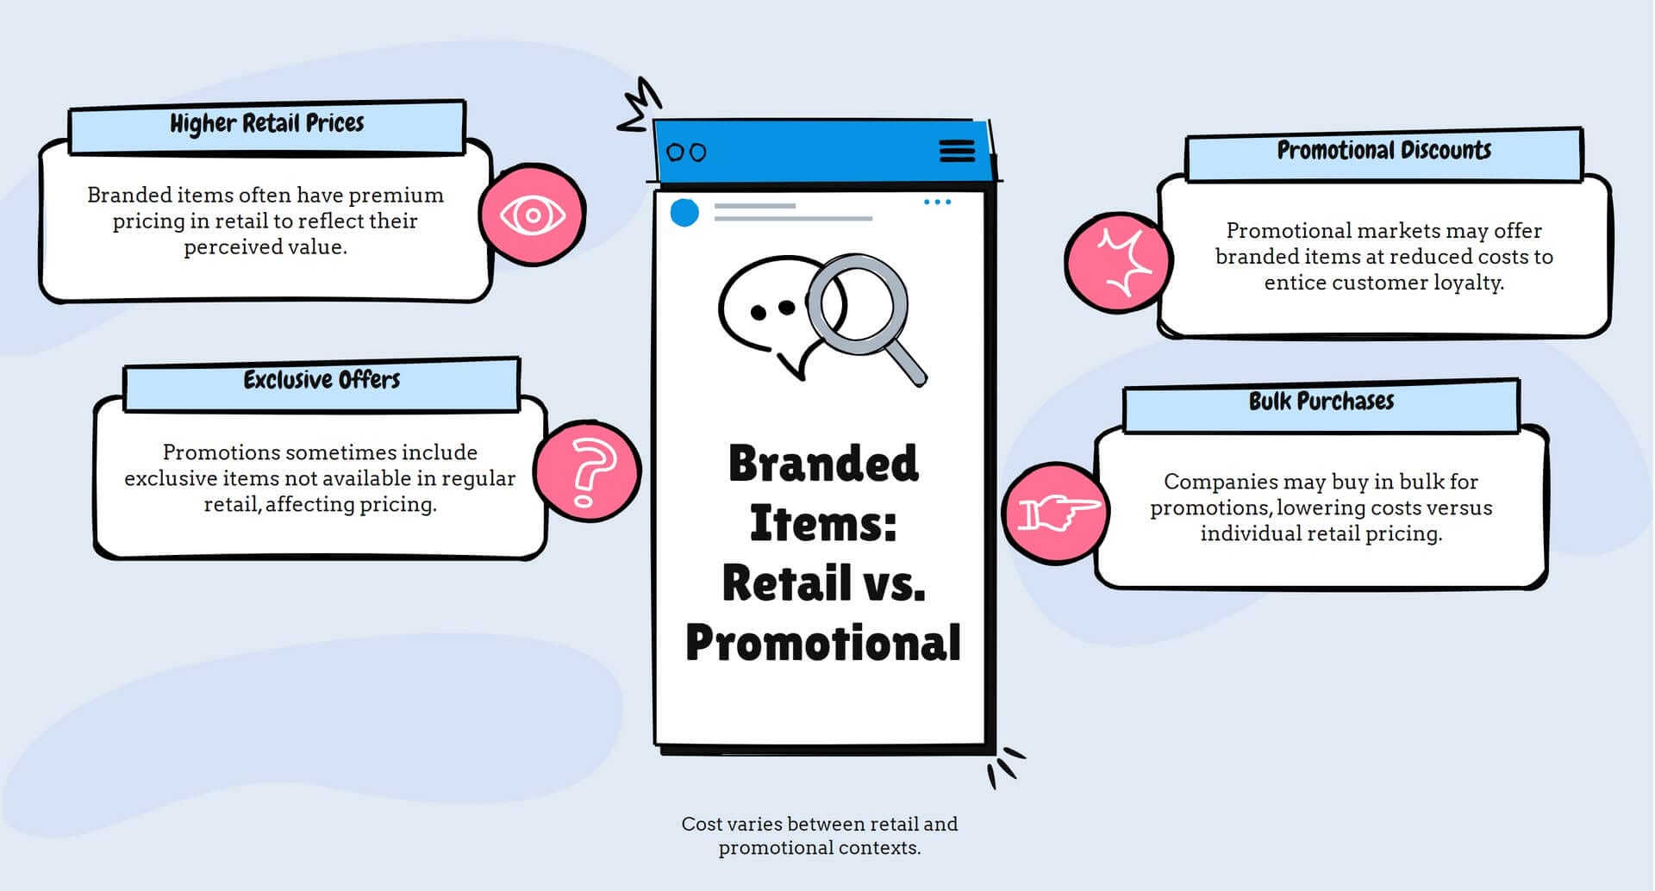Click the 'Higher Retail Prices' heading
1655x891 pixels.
(x=266, y=123)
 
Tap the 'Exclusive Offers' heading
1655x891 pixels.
(x=322, y=380)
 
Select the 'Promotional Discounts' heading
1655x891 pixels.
(x=1383, y=151)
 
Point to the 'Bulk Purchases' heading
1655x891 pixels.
(x=1321, y=402)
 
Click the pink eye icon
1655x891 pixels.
(x=533, y=215)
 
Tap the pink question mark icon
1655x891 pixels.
(x=588, y=471)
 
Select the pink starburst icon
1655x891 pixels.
(x=1119, y=262)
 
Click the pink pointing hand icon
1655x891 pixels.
(x=1056, y=512)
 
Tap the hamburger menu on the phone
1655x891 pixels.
(x=957, y=151)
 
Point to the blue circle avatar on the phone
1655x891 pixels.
(x=684, y=212)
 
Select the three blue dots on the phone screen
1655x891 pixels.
(x=937, y=202)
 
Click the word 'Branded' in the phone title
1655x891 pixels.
(x=823, y=464)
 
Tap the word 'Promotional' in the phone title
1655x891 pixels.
(x=823, y=643)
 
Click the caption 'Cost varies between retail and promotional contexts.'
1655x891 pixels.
(x=819, y=836)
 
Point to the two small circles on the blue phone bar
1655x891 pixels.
(x=687, y=153)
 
